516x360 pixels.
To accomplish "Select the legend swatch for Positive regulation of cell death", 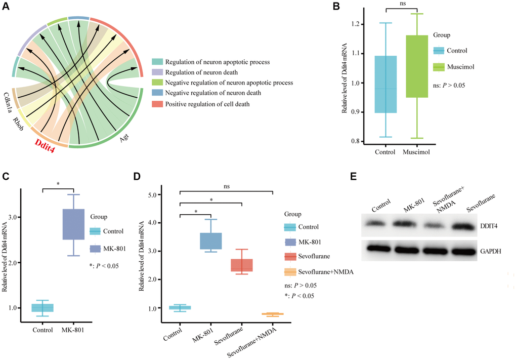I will click(x=157, y=103).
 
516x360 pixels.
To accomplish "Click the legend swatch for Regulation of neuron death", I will click(x=157, y=72).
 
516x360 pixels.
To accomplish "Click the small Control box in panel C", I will click(x=42, y=307).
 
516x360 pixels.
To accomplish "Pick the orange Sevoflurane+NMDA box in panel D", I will click(x=273, y=314).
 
